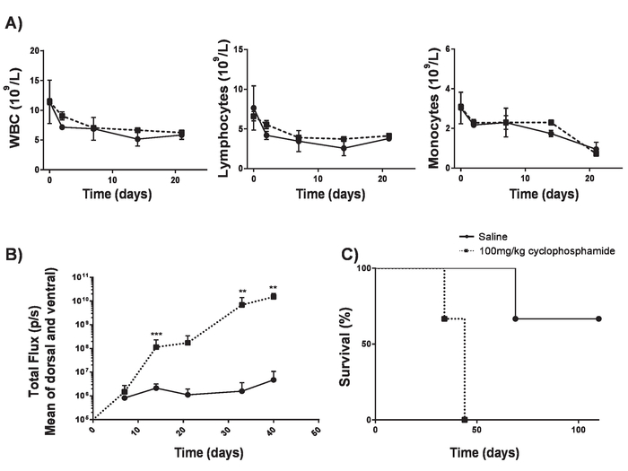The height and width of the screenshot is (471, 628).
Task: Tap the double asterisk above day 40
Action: point(272,289)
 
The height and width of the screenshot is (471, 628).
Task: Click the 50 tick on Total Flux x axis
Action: point(315,432)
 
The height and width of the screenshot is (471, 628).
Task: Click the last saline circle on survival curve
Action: point(597,318)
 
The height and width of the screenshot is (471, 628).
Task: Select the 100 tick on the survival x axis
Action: point(579,432)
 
